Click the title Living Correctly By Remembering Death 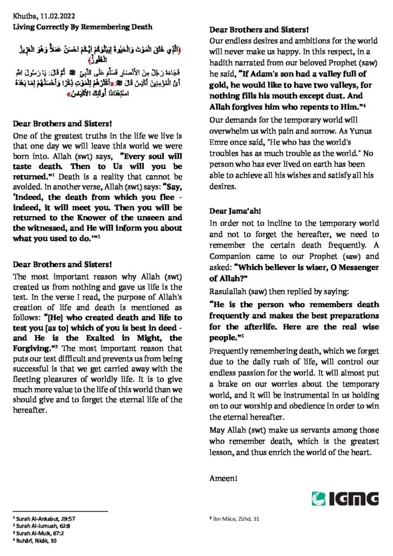83,27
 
